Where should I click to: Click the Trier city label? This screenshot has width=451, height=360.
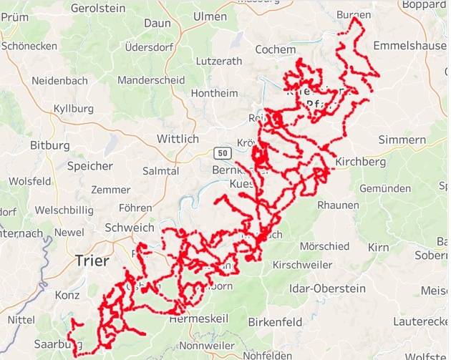click(x=92, y=261)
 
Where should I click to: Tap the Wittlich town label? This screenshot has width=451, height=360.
click(x=176, y=138)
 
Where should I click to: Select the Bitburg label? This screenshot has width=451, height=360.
click(x=49, y=145)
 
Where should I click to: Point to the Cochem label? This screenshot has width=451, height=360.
click(x=275, y=49)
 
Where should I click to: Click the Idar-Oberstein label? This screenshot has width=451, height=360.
click(x=329, y=289)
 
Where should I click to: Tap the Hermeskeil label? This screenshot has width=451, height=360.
click(x=200, y=318)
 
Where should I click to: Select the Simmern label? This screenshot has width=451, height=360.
click(x=402, y=139)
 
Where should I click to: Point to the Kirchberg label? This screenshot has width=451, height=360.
click(x=360, y=162)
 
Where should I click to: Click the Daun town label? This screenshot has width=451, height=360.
click(x=157, y=23)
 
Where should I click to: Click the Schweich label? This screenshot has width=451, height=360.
click(x=129, y=228)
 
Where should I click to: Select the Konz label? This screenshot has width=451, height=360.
click(x=67, y=295)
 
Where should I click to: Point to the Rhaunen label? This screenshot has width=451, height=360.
click(x=338, y=205)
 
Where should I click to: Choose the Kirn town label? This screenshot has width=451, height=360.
click(x=377, y=247)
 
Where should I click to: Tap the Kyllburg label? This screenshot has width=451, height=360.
click(x=74, y=108)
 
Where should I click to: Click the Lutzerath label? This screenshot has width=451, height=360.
click(x=218, y=61)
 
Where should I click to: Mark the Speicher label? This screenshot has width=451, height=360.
click(x=89, y=166)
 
